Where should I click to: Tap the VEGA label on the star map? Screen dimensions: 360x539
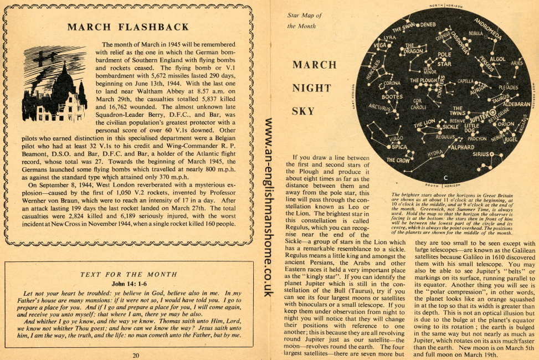click(x=380, y=45)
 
